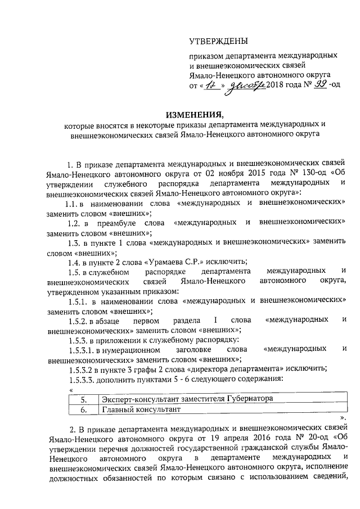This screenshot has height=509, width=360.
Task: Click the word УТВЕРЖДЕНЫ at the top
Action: click(218, 41)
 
